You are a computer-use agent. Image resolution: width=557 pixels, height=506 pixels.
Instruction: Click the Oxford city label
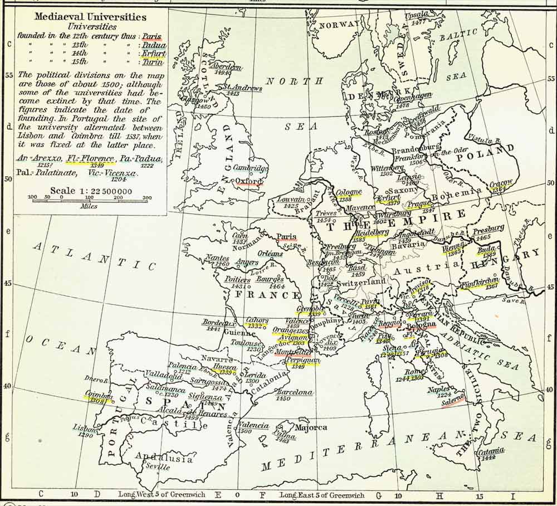click(248, 181)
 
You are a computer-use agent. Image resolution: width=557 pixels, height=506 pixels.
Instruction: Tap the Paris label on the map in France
click(286, 236)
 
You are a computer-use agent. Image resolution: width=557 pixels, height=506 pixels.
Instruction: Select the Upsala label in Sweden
click(417, 15)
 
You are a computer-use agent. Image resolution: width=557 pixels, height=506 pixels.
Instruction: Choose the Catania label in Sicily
click(490, 451)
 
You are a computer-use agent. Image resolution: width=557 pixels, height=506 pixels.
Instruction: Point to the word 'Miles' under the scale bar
click(88, 206)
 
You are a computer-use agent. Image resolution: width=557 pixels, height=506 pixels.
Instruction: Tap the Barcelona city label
click(294, 392)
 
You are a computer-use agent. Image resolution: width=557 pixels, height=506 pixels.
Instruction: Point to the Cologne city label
click(349, 192)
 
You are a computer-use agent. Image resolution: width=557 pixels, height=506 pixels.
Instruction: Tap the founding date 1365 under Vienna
click(452, 252)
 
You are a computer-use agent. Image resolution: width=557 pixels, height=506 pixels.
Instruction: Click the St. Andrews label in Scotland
click(242, 87)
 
